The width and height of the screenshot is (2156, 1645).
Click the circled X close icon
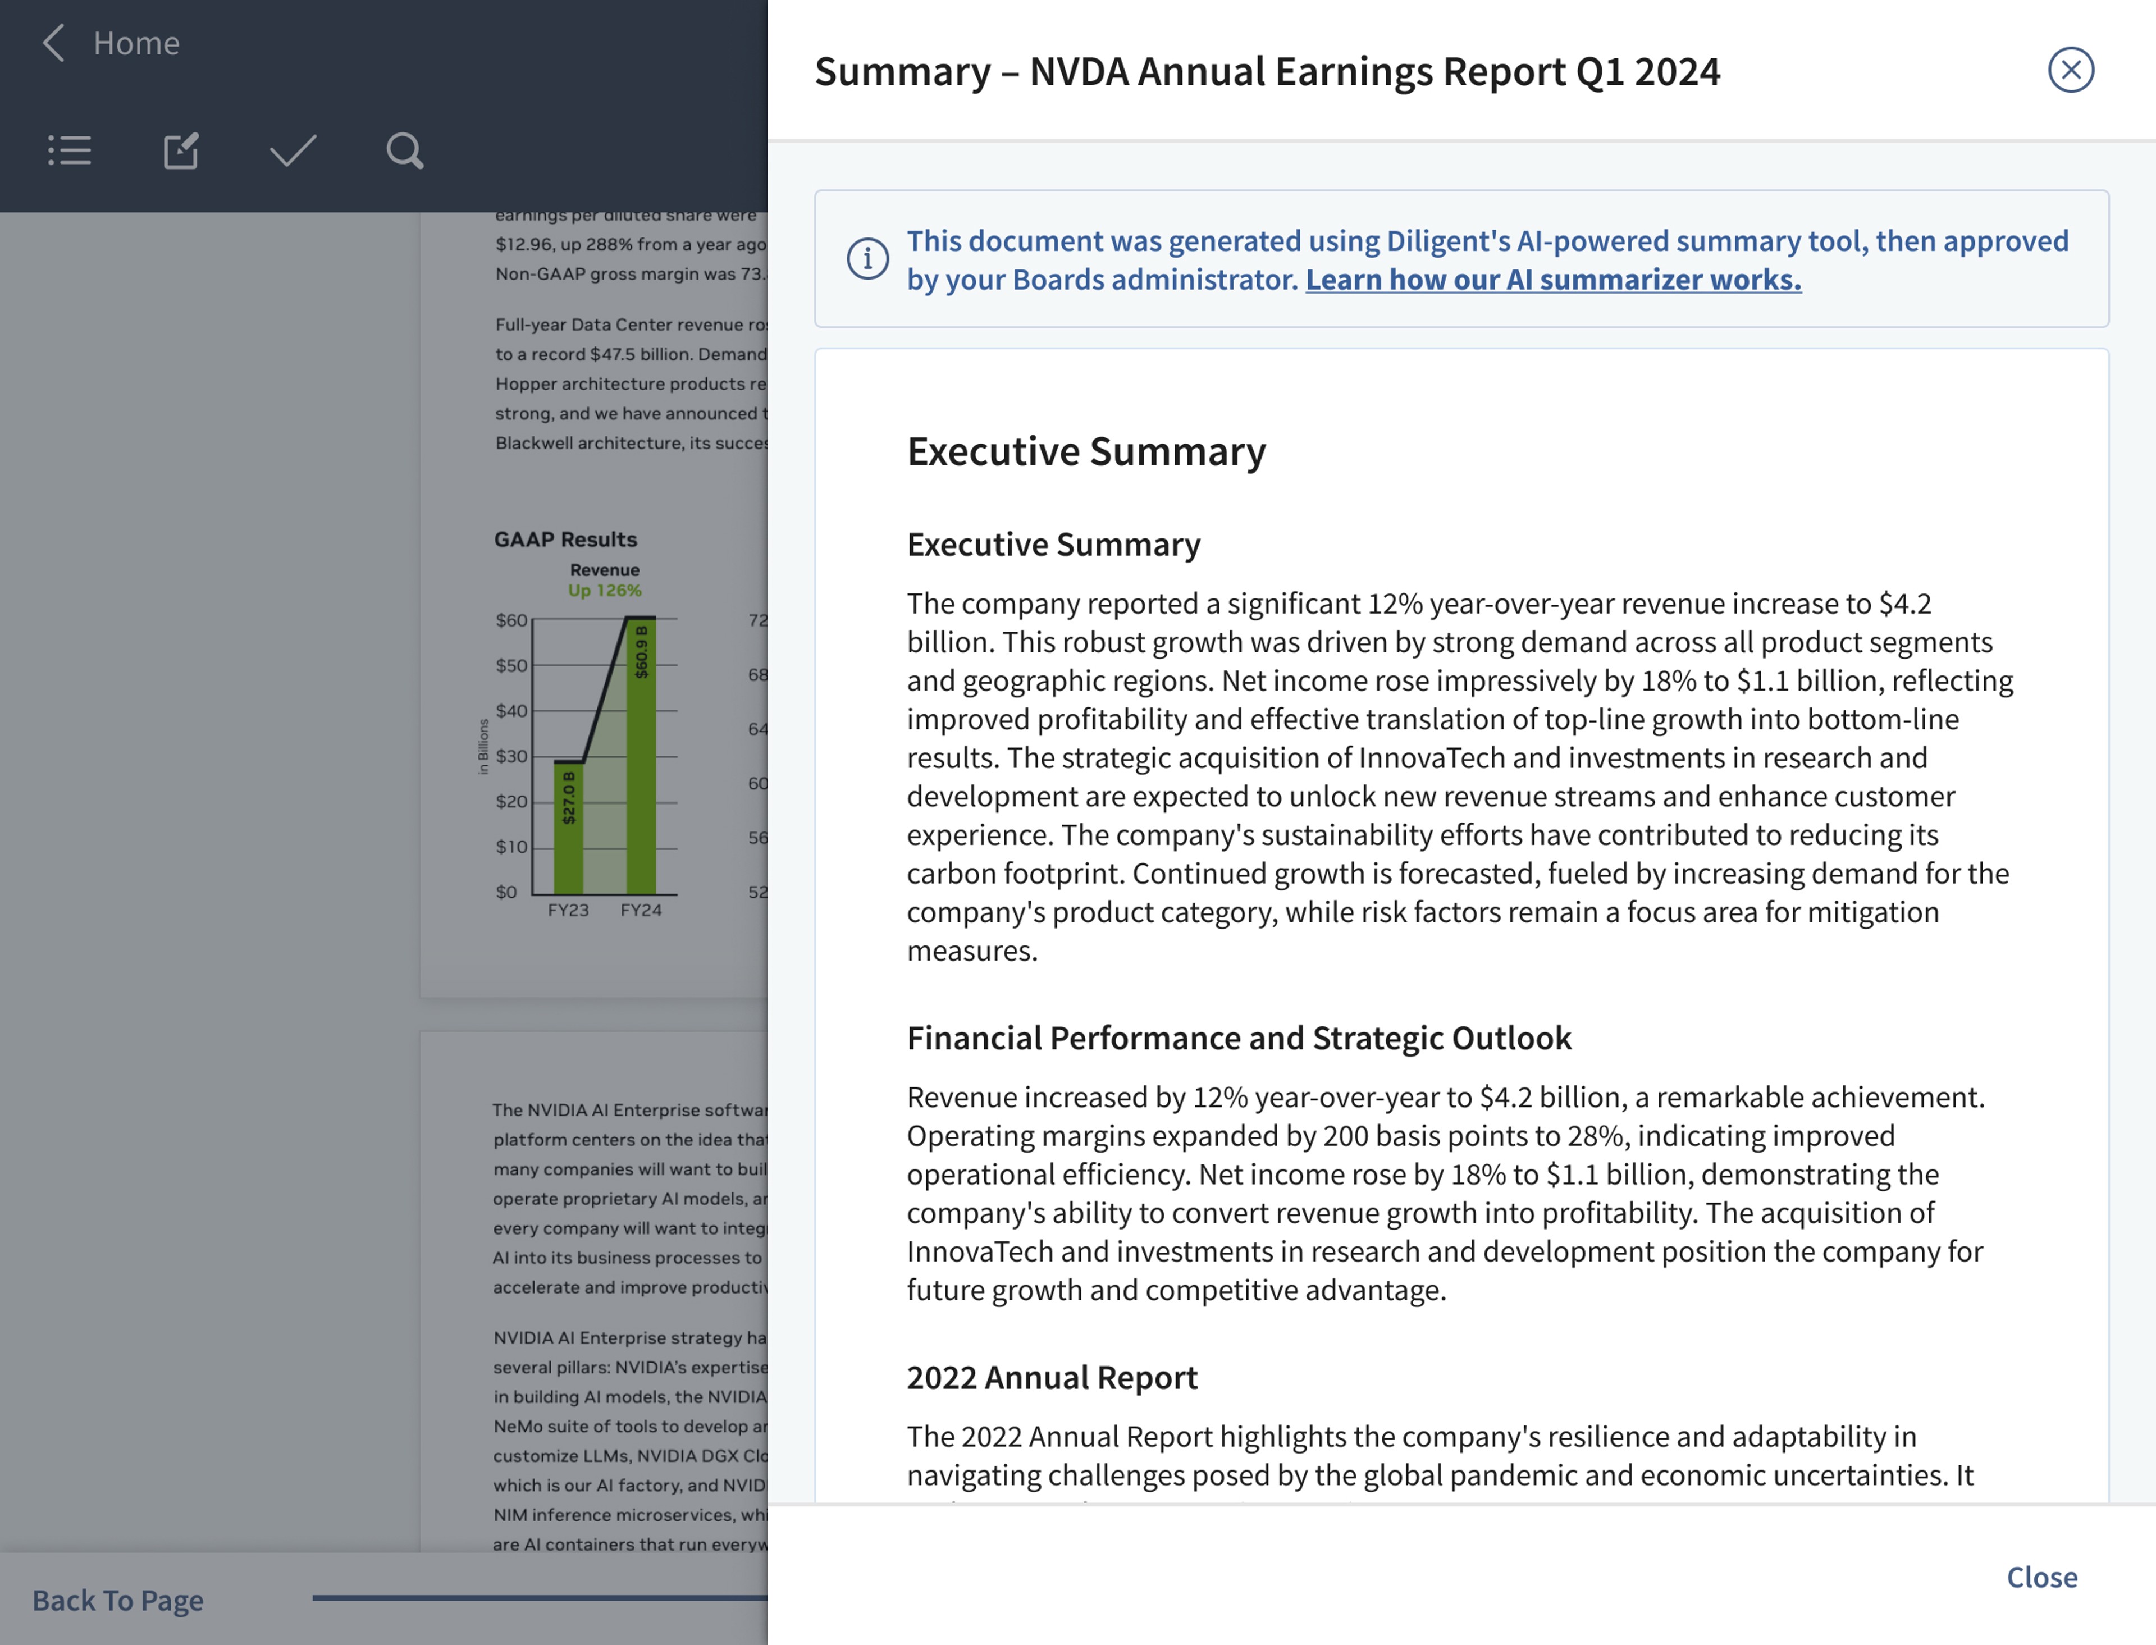[x=2070, y=70]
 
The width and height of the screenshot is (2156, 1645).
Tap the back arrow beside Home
[x=54, y=43]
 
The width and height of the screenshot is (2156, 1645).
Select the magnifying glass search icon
[x=404, y=151]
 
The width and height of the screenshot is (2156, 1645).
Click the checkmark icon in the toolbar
[x=293, y=151]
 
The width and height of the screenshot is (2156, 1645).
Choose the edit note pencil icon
[x=181, y=151]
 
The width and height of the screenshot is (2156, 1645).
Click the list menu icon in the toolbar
[x=70, y=151]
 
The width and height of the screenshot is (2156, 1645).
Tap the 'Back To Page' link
[x=117, y=1600]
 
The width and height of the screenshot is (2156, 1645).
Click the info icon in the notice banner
[x=867, y=258]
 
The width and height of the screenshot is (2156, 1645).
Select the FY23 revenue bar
[x=569, y=828]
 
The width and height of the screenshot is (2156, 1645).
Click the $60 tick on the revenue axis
[x=511, y=620]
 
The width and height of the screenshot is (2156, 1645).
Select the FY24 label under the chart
[x=641, y=910]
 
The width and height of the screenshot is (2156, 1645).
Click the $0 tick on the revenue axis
[x=506, y=892]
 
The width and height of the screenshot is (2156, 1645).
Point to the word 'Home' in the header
[x=136, y=43]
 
